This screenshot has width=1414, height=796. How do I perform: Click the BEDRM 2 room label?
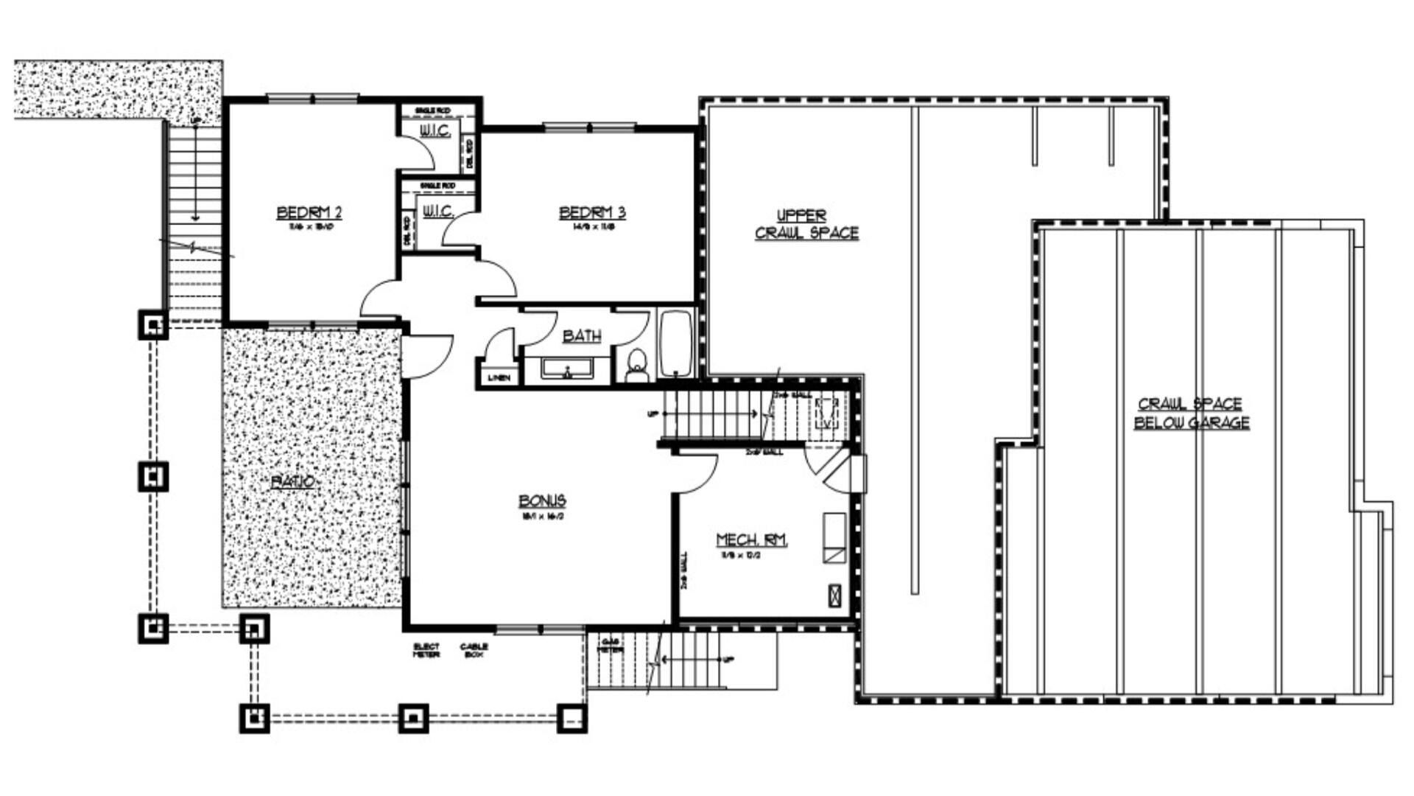point(309,213)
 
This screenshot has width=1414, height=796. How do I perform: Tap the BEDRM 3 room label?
point(592,213)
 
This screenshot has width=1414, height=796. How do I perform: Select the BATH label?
point(582,336)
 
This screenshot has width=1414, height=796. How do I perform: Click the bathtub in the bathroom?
point(675,344)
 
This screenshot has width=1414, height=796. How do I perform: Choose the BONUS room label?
point(543,501)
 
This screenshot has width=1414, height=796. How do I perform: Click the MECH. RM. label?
point(752,540)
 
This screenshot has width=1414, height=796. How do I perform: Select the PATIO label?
point(295,482)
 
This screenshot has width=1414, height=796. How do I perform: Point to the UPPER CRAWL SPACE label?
point(806,224)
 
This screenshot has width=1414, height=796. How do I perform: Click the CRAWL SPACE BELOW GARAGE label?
point(1191,413)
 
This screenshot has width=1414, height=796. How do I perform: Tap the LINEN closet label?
point(499,378)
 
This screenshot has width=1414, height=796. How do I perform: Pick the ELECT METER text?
point(426,650)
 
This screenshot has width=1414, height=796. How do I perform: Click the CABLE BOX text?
point(474,650)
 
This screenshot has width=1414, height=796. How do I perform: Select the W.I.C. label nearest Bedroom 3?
point(437,212)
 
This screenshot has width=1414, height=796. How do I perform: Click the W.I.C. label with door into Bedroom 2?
point(435,131)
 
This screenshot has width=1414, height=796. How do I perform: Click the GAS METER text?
point(609,646)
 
